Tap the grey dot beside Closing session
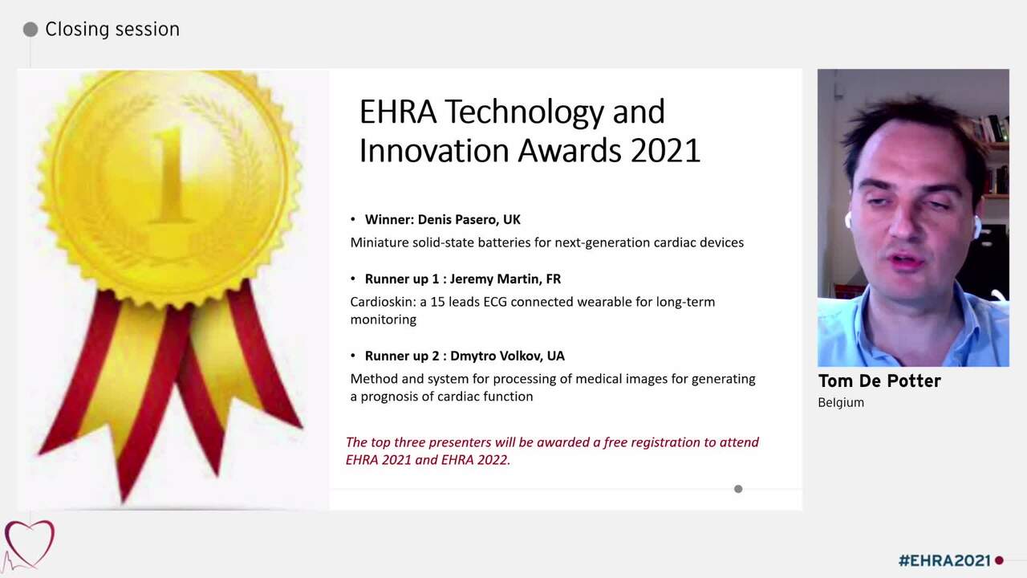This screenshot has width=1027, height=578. click(30, 30)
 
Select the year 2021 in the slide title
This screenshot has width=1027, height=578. click(665, 151)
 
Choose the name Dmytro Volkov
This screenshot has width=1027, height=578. click(495, 356)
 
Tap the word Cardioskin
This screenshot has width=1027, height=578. click(380, 302)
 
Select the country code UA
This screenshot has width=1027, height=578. click(556, 356)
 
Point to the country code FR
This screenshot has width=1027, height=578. click(553, 279)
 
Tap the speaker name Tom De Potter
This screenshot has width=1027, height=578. click(879, 381)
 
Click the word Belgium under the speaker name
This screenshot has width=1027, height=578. click(841, 402)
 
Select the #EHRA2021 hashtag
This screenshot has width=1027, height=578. click(944, 560)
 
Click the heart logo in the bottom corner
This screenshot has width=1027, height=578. click(29, 543)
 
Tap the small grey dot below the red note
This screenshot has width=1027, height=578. click(738, 489)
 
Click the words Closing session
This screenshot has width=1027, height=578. click(112, 30)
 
